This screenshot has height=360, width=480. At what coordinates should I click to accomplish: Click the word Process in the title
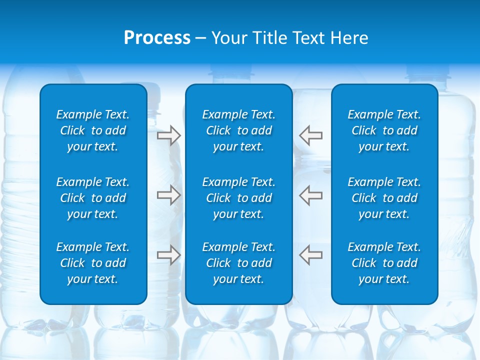coord(157,38)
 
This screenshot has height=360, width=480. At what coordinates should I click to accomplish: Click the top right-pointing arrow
coord(168,135)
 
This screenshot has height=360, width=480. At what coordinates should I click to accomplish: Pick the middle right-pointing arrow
coord(168,195)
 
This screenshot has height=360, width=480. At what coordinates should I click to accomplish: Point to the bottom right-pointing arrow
coord(168,255)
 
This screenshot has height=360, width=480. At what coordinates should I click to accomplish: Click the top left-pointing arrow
coord(311,135)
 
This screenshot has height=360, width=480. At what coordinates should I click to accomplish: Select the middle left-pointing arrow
coord(311,195)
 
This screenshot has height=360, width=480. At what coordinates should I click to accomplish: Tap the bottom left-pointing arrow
coord(311,255)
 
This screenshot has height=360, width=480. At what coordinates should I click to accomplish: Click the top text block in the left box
coord(93,130)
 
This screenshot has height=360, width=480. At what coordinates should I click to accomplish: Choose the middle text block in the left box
coord(93,198)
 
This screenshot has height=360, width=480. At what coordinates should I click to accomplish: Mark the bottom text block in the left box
coord(93,263)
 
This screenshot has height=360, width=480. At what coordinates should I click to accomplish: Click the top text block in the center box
coord(238,130)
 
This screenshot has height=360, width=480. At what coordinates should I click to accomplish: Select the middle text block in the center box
coord(238,198)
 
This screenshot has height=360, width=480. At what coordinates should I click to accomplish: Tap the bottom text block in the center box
coord(238,263)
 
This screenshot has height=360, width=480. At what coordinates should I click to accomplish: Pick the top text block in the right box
coord(384,130)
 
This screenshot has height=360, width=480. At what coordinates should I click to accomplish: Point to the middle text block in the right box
coord(384,198)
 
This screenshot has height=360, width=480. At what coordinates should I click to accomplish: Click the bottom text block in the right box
coord(384,263)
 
